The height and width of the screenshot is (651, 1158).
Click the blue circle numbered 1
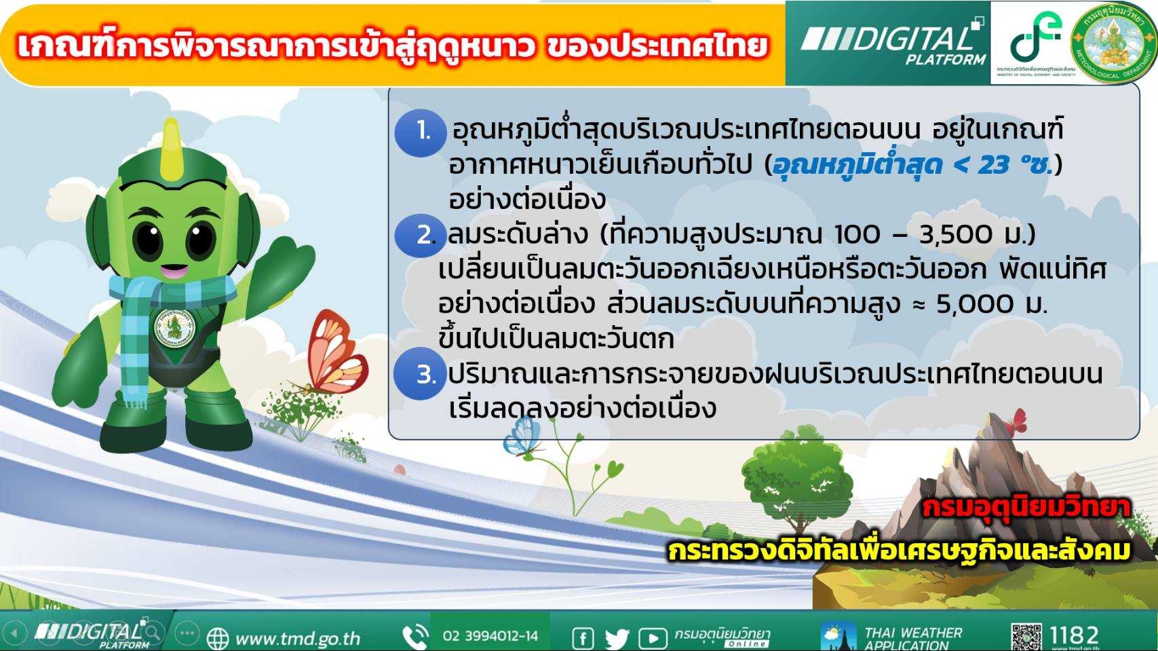pyautogui.click(x=421, y=133)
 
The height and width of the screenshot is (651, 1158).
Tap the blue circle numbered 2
pyautogui.click(x=421, y=236)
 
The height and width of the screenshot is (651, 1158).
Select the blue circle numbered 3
pyautogui.click(x=421, y=373)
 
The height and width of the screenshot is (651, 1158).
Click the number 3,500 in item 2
pyautogui.click(x=956, y=235)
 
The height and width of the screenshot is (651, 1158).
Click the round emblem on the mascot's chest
pyautogui.click(x=175, y=328)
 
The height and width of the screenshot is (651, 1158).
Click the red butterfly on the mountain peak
pyautogui.click(x=1014, y=422)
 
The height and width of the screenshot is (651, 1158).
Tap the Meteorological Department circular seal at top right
pyautogui.click(x=1113, y=43)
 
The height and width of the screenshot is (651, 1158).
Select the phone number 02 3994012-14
pyautogui.click(x=490, y=636)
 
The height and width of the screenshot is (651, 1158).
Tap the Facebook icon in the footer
pyautogui.click(x=583, y=638)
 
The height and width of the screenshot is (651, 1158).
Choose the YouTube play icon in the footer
pyautogui.click(x=653, y=639)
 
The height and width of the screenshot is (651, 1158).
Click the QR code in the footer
pyautogui.click(x=1026, y=637)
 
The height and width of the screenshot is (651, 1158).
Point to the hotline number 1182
pyautogui.click(x=1075, y=635)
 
